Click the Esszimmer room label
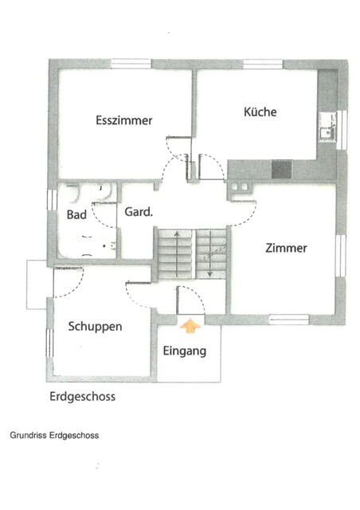point(123,120)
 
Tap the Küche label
point(260,112)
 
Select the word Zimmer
point(286,248)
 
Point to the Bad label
point(76,216)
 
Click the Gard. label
point(137,212)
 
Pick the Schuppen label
point(95,326)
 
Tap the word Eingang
point(185,351)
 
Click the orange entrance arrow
point(190,324)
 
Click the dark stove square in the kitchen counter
point(281,169)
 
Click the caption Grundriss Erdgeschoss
point(53,436)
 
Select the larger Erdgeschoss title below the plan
point(81,395)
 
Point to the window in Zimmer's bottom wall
point(288,320)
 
